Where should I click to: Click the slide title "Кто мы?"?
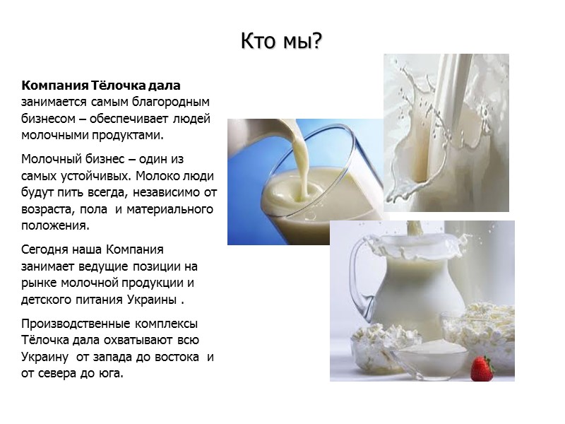point(281,42)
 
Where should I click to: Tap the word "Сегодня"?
point(46,250)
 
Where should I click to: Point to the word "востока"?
point(174,357)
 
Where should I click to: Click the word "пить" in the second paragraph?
point(66,192)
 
